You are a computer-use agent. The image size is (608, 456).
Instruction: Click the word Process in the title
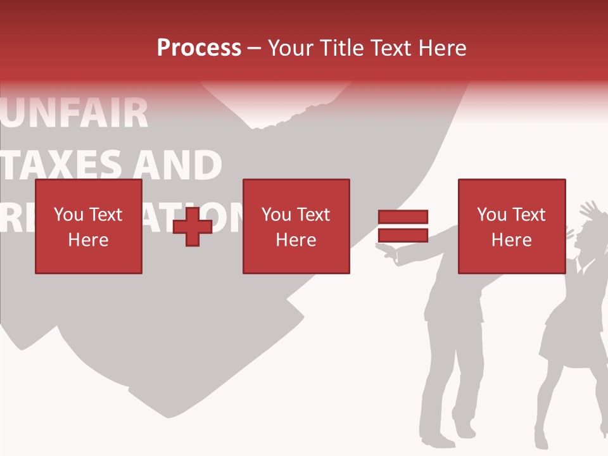[199, 48]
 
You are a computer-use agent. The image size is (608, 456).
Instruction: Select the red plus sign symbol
[193, 227]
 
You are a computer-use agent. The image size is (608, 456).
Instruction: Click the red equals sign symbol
[403, 226]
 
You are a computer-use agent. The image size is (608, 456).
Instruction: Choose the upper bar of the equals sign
[403, 217]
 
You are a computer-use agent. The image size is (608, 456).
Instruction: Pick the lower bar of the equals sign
[403, 236]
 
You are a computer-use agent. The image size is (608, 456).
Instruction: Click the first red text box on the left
[89, 227]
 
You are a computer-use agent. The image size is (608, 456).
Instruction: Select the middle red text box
[296, 227]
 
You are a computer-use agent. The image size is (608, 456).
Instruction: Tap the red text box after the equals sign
[512, 227]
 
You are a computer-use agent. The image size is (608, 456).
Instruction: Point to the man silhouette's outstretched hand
[386, 253]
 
